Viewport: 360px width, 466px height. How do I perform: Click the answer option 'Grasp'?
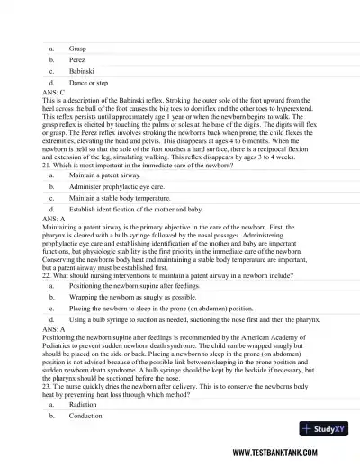point(77,48)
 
